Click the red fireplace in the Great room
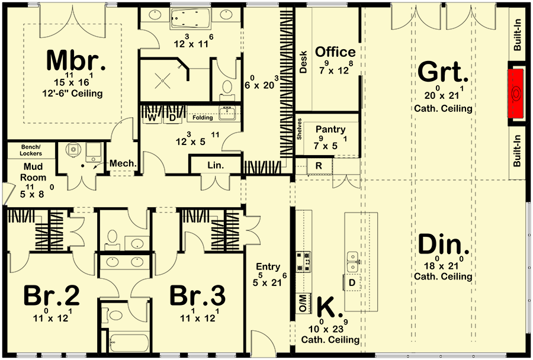pyautogui.click(x=517, y=94)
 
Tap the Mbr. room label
pyautogui.click(x=75, y=62)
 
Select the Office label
pyautogui.click(x=335, y=52)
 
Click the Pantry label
pyautogui.click(x=330, y=129)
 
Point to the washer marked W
pyautogui.click(x=152, y=118)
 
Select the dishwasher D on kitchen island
pyautogui.click(x=351, y=283)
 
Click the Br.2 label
pyautogui.click(x=52, y=296)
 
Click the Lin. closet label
pyautogui.click(x=216, y=166)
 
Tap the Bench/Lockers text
pyautogui.click(x=31, y=150)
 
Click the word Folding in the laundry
pyautogui.click(x=202, y=118)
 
